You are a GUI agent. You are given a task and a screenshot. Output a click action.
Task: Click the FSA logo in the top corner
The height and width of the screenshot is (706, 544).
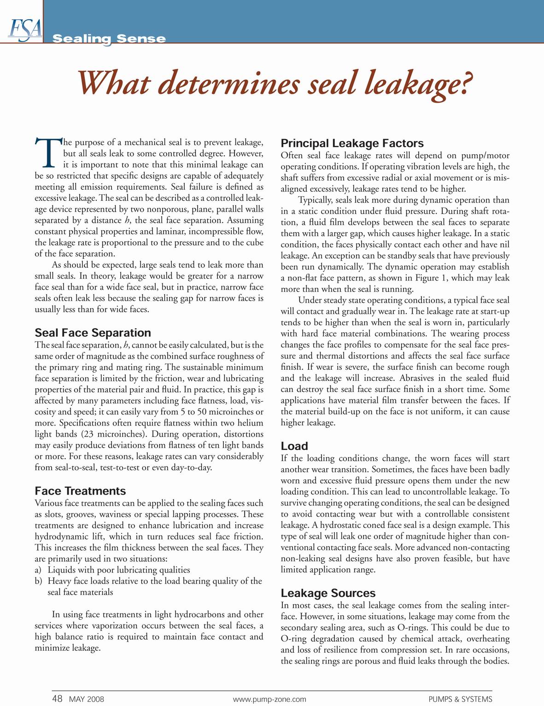coord(24,29)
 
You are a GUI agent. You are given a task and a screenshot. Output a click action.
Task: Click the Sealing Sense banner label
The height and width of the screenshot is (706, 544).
coord(109,39)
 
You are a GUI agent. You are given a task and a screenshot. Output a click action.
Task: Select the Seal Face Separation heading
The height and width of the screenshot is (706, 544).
coord(93,333)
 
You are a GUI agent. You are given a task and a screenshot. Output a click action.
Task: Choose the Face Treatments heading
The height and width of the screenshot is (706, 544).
coord(80,491)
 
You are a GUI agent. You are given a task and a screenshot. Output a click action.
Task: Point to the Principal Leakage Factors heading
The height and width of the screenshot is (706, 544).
coord(352,143)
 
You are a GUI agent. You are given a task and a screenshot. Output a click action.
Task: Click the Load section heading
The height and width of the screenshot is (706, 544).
coord(294,446)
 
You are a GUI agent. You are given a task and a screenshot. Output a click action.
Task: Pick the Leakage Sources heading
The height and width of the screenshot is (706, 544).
coord(328,593)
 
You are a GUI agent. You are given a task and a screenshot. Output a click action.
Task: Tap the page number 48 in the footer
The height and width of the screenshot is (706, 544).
coord(57,699)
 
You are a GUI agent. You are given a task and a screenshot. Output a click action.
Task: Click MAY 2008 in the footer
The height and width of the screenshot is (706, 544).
coord(87,699)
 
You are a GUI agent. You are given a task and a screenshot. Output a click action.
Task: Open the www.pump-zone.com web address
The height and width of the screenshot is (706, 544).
coord(269,699)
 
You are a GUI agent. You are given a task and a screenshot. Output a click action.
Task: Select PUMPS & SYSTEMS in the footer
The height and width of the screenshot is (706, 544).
coord(460,699)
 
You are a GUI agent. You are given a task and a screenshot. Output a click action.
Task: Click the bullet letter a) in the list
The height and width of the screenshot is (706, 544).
coord(38,570)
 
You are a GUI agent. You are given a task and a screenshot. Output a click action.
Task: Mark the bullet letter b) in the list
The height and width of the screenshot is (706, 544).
coord(39,581)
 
